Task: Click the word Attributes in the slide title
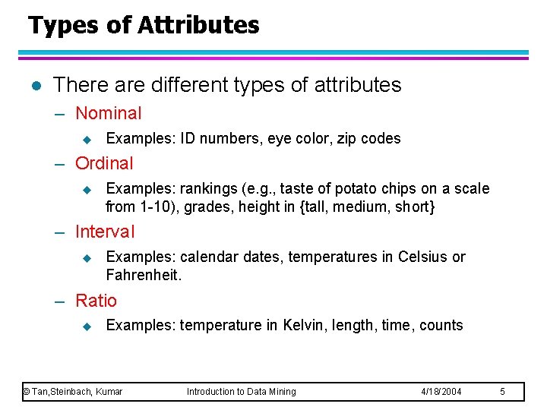(198, 25)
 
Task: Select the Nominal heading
(109, 114)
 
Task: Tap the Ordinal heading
(104, 163)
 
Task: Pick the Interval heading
(105, 232)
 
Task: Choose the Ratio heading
(96, 301)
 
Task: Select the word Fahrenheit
(143, 275)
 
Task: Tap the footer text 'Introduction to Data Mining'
(242, 392)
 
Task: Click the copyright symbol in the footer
(27, 392)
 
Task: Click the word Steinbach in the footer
(72, 392)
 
